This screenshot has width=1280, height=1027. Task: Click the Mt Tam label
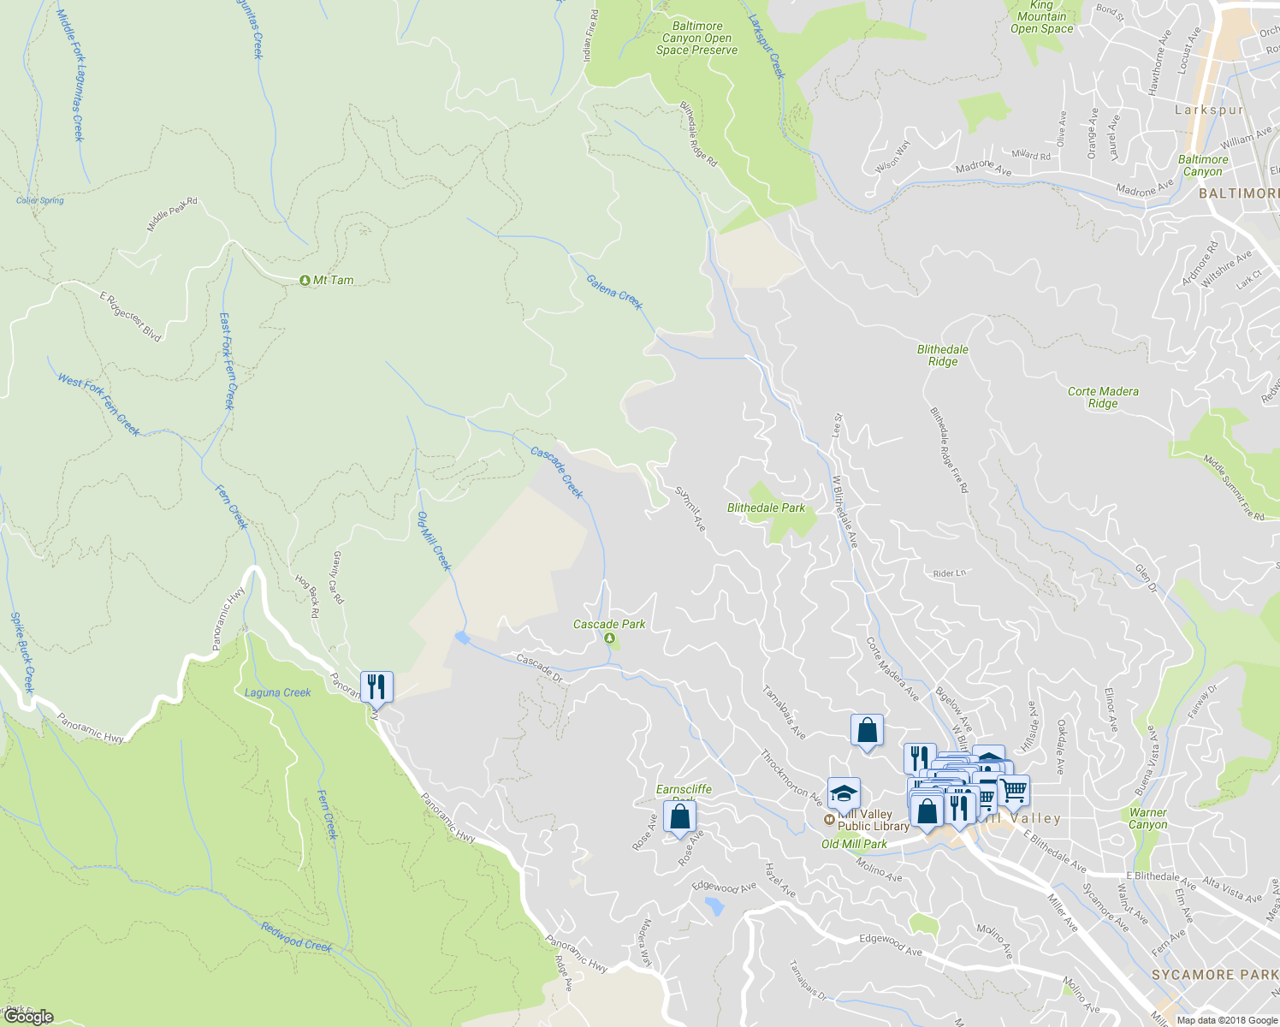(x=332, y=281)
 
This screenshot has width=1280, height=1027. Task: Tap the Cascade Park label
(x=609, y=625)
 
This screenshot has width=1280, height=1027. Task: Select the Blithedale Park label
(x=766, y=508)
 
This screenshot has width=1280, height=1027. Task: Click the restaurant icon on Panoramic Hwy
(x=376, y=686)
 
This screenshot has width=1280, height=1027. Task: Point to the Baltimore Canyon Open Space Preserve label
(x=696, y=39)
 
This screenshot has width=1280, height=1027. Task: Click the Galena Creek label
(x=614, y=292)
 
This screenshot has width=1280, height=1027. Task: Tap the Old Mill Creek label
(x=433, y=541)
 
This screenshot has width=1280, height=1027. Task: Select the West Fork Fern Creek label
(x=98, y=405)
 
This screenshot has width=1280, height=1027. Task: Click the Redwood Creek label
(x=296, y=938)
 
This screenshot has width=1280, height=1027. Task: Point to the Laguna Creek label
(x=277, y=692)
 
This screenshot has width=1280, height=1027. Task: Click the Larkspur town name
(x=1208, y=110)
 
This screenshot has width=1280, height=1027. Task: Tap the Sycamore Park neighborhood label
(x=1215, y=975)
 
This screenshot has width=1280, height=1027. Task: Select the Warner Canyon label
(x=1147, y=819)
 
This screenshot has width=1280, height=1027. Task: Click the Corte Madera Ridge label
(x=1103, y=397)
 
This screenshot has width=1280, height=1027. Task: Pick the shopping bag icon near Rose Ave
(x=679, y=816)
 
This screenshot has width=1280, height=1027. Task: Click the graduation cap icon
(x=844, y=793)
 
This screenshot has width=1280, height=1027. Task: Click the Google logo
(x=28, y=1017)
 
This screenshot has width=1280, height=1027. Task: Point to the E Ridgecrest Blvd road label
(x=130, y=317)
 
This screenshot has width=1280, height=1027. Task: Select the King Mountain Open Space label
(x=1041, y=17)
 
